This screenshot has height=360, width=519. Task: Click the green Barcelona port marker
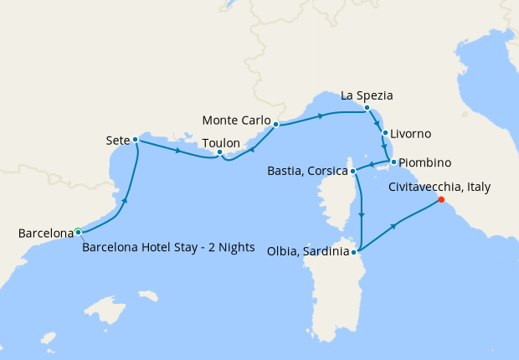click(78, 231)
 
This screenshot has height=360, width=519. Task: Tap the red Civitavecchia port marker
click(441, 199)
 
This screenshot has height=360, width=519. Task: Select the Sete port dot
click(135, 139)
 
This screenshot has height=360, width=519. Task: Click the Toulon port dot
click(219, 152)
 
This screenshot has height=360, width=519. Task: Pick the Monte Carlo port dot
click(275, 124)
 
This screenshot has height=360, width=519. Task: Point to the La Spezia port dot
click(367, 107)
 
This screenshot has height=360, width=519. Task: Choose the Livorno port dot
click(384, 132)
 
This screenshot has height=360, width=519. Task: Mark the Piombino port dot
click(393, 161)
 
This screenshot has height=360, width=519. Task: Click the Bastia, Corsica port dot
click(353, 171)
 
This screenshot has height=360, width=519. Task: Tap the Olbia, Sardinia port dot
click(355, 251)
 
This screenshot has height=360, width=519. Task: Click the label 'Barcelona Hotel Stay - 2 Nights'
click(168, 246)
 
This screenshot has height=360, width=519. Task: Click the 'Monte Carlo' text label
click(237, 119)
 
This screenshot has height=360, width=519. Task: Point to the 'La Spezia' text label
click(366, 95)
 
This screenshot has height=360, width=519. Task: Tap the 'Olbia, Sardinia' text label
click(308, 251)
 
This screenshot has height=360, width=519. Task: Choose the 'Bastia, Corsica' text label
click(307, 171)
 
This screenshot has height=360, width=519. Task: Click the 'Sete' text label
click(117, 139)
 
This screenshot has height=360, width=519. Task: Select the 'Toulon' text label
click(221, 141)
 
